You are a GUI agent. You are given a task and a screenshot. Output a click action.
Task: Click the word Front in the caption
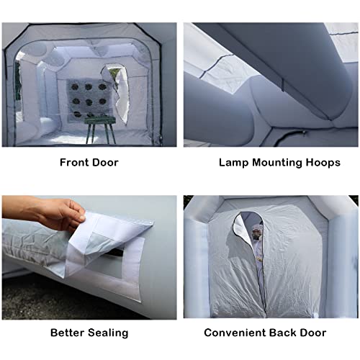(x=75, y=163)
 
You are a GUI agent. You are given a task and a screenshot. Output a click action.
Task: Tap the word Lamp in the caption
(x=232, y=163)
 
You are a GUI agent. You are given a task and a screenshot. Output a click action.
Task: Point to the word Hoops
(x=322, y=163)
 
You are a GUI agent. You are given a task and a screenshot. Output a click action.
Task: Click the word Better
(x=69, y=333)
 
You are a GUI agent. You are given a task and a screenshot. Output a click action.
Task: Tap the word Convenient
(x=235, y=333)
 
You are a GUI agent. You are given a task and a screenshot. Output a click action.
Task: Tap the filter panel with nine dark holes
(x=86, y=97)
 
